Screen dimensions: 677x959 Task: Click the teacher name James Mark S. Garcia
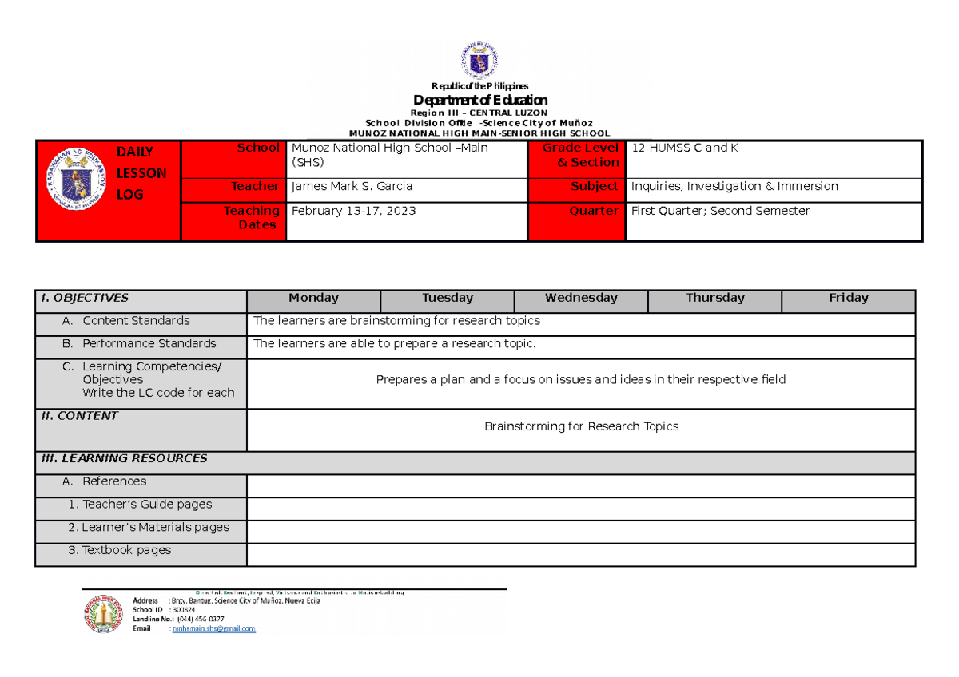[x=352, y=187]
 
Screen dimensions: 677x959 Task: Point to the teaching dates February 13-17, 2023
[x=353, y=212]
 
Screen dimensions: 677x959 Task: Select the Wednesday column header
[x=581, y=299]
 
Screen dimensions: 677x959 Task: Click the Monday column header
[x=313, y=299]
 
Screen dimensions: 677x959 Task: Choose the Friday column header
[x=848, y=299]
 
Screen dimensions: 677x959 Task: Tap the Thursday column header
[x=714, y=299]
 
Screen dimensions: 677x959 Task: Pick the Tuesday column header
[x=448, y=299]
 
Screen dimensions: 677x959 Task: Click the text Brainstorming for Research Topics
[x=581, y=427]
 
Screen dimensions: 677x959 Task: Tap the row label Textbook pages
[x=125, y=551]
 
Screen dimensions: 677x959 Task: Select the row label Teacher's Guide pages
[x=140, y=505]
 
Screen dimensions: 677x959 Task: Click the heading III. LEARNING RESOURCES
[x=124, y=459]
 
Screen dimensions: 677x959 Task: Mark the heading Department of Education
[x=479, y=100]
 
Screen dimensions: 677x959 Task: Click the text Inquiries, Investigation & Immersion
[x=734, y=187]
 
